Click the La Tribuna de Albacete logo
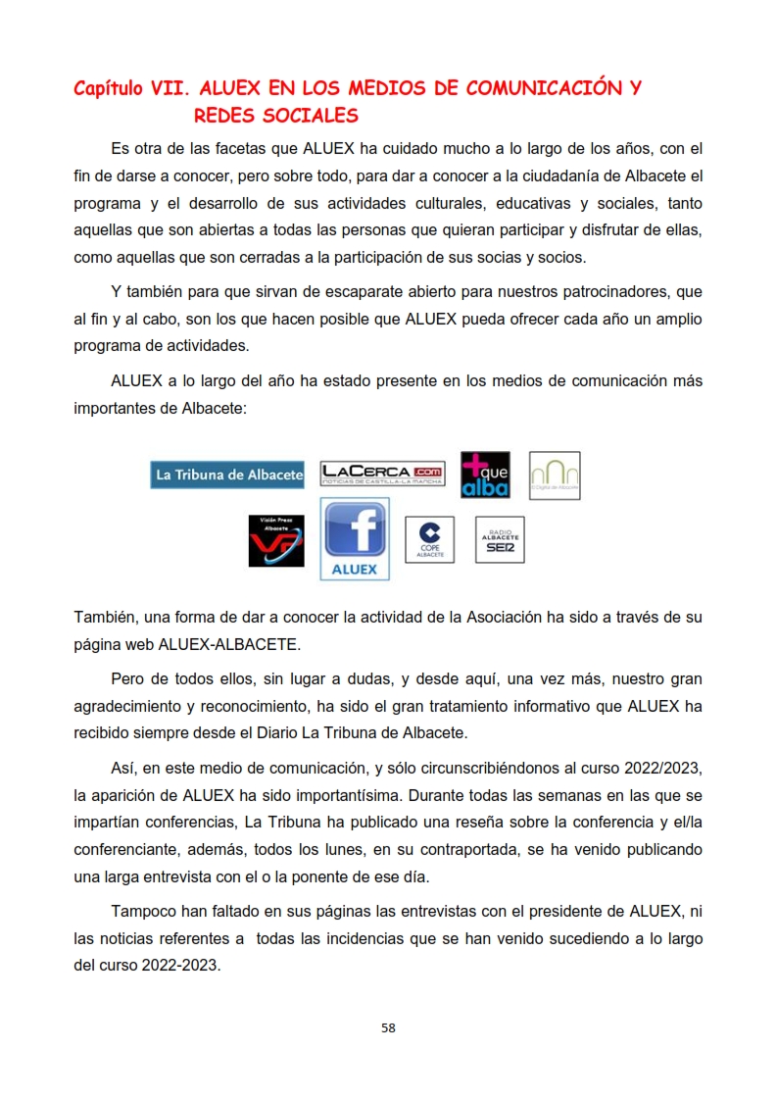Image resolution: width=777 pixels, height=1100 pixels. [x=227, y=475]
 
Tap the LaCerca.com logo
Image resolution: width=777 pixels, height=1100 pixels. [x=382, y=475]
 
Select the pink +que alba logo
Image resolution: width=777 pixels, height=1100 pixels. [x=485, y=475]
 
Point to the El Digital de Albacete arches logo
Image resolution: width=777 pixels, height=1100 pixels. [x=555, y=475]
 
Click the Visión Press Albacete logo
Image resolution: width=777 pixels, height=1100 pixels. [x=276, y=540]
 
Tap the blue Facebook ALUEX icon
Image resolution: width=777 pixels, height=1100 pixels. [x=355, y=538]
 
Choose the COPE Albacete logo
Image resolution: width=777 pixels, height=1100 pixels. [x=430, y=540]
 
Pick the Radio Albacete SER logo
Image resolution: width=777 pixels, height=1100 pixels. [x=500, y=540]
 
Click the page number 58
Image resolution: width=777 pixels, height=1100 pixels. [x=388, y=1028]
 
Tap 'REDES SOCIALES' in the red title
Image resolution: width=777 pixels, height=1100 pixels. [x=276, y=117]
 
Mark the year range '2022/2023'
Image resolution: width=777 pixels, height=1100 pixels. [x=659, y=767]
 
